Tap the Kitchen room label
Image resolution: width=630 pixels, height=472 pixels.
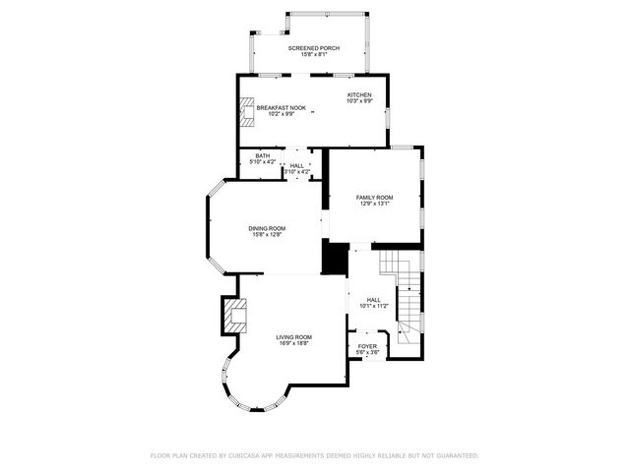point(358,94)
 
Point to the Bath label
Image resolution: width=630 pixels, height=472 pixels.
point(263,155)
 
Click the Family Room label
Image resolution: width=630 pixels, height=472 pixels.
point(374,197)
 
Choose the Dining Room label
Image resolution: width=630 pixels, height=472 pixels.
point(267,228)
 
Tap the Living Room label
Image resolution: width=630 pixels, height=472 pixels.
point(293,337)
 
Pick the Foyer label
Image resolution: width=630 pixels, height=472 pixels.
point(366,346)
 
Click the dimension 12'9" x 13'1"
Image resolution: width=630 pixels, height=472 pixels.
point(374,204)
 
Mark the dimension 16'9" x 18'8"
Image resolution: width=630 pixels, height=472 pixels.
point(293,344)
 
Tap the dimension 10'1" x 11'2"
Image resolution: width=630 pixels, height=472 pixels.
point(374,307)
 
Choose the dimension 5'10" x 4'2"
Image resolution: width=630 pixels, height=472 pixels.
point(263,161)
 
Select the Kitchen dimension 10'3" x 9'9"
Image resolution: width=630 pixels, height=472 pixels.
point(358,101)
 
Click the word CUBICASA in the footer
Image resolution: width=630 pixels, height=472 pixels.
point(250,455)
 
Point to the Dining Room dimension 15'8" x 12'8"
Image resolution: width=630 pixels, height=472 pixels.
point(267,235)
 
